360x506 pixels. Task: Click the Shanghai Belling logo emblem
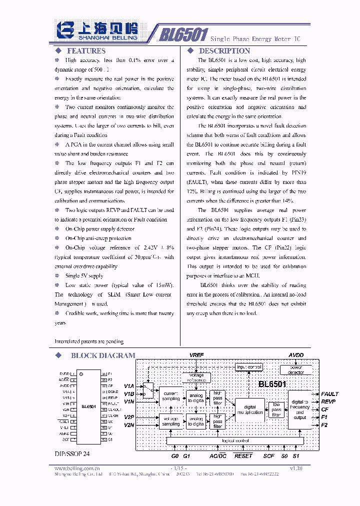click(x=65, y=29)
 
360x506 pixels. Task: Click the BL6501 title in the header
click(x=183, y=34)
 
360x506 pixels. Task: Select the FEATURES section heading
click(x=86, y=51)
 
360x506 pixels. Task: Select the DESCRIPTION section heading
click(x=224, y=51)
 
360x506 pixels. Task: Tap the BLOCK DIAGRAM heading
click(x=103, y=355)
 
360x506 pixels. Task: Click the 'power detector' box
click(x=296, y=370)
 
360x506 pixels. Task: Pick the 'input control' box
click(x=249, y=367)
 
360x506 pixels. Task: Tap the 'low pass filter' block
click(x=276, y=409)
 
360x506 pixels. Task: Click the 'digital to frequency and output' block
click(x=300, y=409)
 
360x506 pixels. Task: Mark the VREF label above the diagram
click(x=196, y=355)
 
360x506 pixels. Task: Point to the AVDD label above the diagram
click(x=296, y=355)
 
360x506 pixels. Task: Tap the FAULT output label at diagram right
click(x=330, y=394)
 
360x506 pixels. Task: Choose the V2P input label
click(x=129, y=416)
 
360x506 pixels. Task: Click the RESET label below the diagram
click(x=243, y=456)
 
